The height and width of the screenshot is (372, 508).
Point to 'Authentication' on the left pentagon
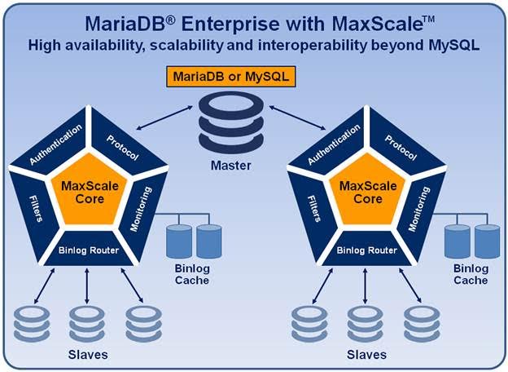coord(56,144)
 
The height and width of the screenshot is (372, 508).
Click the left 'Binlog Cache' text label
coord(192,274)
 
